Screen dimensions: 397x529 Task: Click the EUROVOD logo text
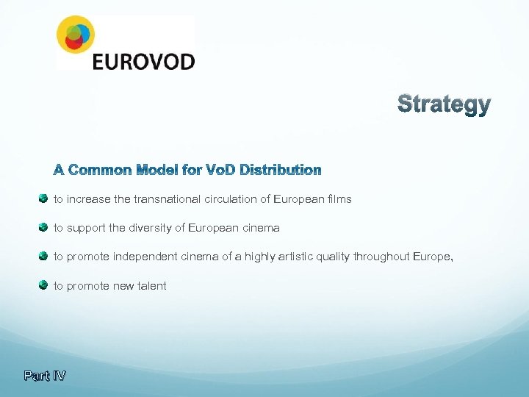click(143, 60)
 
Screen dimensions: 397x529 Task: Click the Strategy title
click(444, 104)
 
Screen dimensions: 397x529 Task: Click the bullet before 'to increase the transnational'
click(43, 198)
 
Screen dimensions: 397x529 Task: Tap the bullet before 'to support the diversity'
click(43, 227)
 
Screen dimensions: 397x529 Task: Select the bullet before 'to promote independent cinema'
click(43, 256)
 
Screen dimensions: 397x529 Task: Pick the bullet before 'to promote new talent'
click(43, 285)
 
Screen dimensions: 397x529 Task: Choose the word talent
click(151, 285)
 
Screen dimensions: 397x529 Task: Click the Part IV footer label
click(45, 376)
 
